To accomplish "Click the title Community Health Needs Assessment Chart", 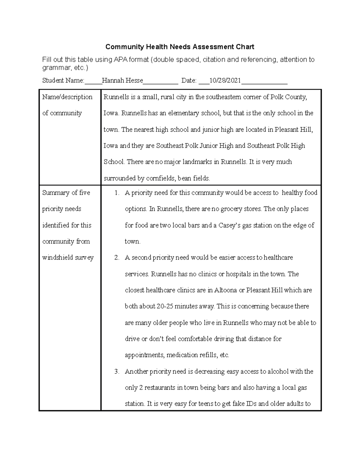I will (x=180, y=47).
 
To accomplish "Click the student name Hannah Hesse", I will (x=122, y=80).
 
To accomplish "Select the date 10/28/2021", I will (x=225, y=80).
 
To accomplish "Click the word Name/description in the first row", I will (x=67, y=97).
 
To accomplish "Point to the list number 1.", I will (x=117, y=193).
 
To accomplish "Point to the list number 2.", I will (x=117, y=258).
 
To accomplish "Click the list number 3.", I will (x=117, y=371).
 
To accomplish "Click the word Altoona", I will (x=226, y=290).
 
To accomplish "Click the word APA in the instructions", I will (x=121, y=60).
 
